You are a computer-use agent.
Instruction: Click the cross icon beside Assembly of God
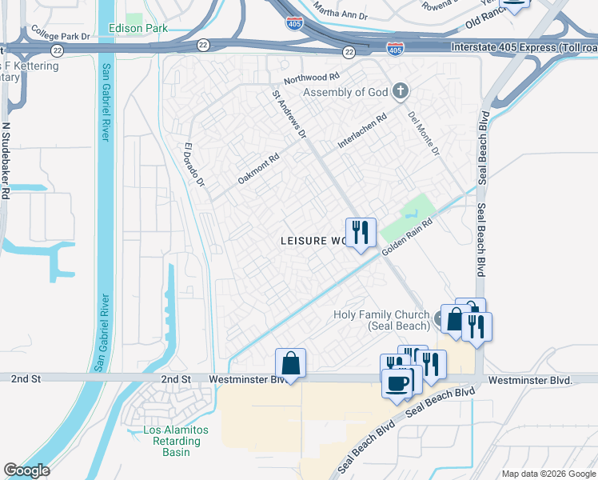[x=401, y=91]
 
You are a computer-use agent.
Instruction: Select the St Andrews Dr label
[x=289, y=114]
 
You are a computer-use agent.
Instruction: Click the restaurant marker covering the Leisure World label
[x=361, y=233]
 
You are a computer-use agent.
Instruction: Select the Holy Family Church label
[x=381, y=320]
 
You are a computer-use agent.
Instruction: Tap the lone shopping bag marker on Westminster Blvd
[x=291, y=363]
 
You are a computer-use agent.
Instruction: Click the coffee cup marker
[x=397, y=382]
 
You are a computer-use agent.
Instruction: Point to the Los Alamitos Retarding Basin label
[x=175, y=441]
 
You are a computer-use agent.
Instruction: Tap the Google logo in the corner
[x=27, y=470]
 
